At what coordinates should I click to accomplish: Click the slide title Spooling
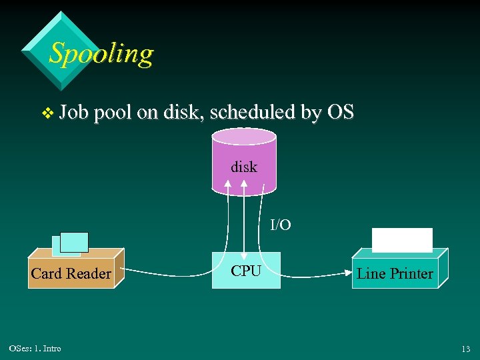pos(101,53)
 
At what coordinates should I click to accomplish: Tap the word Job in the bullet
pos(74,113)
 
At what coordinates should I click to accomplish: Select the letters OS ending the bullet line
pos(340,113)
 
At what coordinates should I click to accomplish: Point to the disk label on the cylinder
pos(243,167)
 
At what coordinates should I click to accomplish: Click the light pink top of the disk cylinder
pos(243,137)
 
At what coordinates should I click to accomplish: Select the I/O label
pos(280,225)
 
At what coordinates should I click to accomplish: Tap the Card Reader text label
pos(71,273)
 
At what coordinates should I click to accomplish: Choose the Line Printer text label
pos(395,273)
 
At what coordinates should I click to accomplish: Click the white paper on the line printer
pos(402,239)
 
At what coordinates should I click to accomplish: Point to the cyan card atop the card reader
pos(74,242)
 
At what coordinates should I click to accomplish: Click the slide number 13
pos(465,349)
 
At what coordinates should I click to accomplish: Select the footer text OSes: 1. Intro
pos(35,349)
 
